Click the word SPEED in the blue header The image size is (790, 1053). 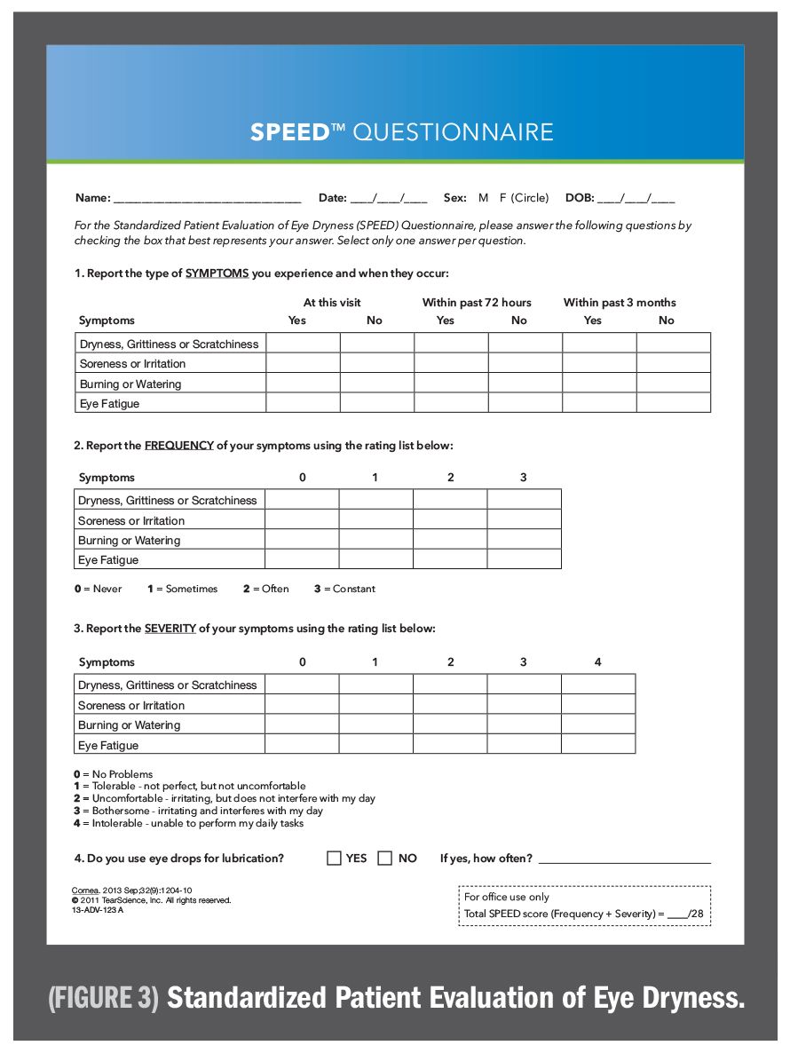pos(290,132)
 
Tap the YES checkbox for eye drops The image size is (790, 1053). pos(335,858)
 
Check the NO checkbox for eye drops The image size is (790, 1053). pos(385,858)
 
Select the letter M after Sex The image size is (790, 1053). pos(484,198)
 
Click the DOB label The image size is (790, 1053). pos(580,198)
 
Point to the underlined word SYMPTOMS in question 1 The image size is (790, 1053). pos(217,273)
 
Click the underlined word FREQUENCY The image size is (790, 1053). pos(179,446)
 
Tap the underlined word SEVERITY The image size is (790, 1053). pos(170,629)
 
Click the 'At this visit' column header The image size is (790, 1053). pos(332,303)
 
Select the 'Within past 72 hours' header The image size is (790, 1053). pos(477,303)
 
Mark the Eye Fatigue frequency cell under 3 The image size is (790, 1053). pos(524,559)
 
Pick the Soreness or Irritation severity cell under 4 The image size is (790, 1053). pos(598,704)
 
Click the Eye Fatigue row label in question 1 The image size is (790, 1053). pos(109,404)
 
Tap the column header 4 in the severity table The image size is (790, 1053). pos(597,662)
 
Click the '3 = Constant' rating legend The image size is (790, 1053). pos(344,589)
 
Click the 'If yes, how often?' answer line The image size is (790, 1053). pos(624,859)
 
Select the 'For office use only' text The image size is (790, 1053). pos(507,897)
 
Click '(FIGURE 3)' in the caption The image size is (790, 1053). pos(104,997)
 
